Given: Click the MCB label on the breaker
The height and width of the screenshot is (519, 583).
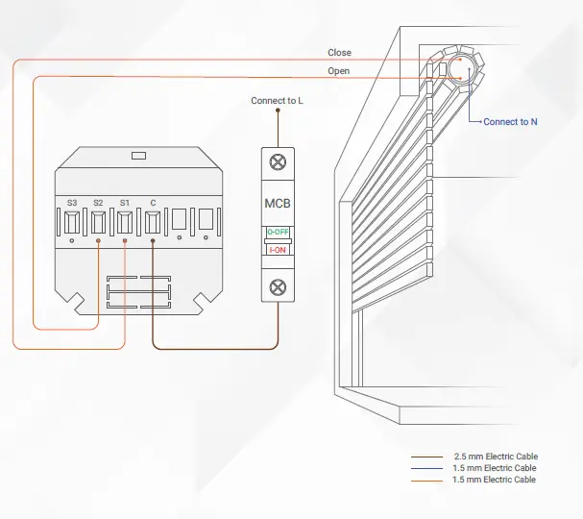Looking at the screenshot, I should (278, 204).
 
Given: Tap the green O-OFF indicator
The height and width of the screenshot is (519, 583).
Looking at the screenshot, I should (278, 233).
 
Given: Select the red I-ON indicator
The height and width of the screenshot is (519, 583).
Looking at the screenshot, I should (278, 249).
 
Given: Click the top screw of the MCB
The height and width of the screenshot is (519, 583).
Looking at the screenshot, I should (278, 162).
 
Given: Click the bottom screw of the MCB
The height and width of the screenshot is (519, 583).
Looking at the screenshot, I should (278, 285).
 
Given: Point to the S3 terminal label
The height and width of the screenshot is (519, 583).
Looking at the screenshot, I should (72, 203).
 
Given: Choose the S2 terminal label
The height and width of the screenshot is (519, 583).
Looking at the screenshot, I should (99, 203).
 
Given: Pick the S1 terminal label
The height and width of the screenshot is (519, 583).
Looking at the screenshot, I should (125, 203).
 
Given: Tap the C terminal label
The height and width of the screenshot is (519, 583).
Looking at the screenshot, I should (153, 203).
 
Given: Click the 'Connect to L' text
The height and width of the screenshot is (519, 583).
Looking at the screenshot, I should (278, 101).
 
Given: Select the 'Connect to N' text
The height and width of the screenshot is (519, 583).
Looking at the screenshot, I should (510, 122).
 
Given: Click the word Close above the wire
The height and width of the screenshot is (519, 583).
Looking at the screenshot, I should (339, 53).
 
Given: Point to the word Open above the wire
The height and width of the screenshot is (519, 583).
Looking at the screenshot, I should (338, 71).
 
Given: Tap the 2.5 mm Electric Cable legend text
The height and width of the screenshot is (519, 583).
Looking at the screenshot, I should (495, 457).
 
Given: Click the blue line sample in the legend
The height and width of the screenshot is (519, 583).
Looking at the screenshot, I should (426, 468).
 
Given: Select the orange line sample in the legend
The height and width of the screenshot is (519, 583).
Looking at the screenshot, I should (426, 480).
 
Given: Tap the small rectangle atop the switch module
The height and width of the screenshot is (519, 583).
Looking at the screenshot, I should (138, 154).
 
